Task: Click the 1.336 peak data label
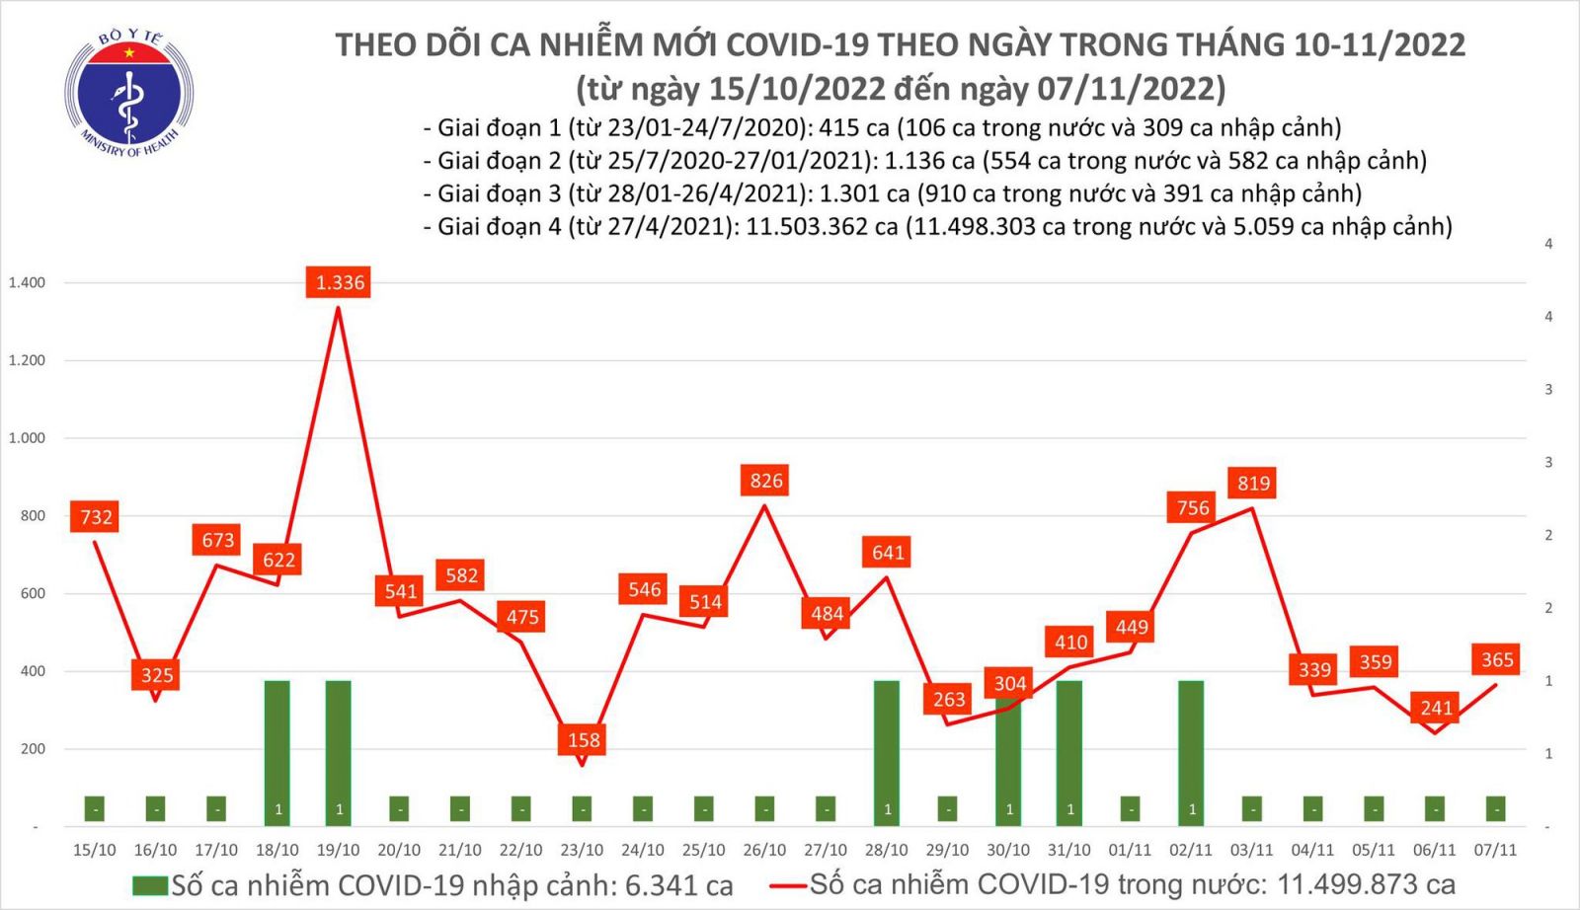(340, 283)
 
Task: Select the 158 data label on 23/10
(584, 739)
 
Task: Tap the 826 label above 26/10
(765, 481)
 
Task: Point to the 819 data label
(1253, 483)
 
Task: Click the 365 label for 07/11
(1497, 659)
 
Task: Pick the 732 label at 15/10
(96, 516)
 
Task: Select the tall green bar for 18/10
(277, 750)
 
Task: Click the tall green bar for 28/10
(887, 750)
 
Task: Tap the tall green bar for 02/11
(1191, 750)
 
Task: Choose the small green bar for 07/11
(1496, 809)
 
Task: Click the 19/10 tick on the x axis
(338, 850)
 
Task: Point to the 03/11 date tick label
(1251, 850)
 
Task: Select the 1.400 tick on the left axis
(27, 283)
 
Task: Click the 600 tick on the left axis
(33, 593)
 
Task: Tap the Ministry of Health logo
(128, 94)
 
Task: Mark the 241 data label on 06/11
(1436, 708)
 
